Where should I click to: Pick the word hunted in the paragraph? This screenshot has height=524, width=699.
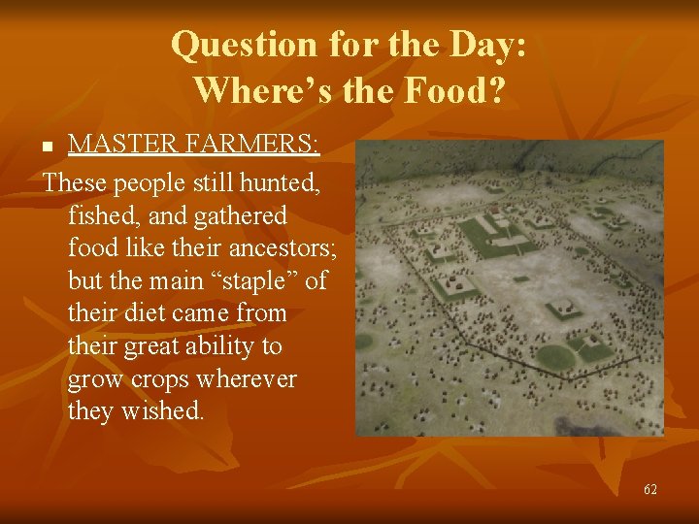point(283,181)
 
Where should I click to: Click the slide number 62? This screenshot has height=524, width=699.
point(650,489)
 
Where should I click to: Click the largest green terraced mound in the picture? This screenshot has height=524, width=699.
point(484,234)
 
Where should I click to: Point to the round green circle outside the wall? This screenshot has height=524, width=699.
point(364,341)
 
